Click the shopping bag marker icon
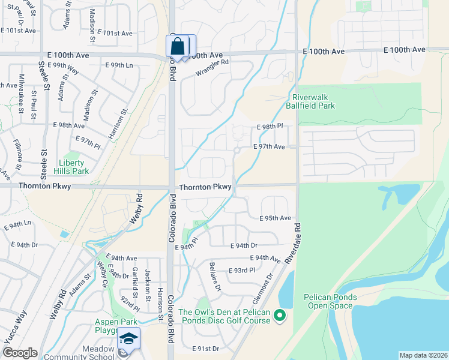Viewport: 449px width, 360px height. click(178, 46)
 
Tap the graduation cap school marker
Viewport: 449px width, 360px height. click(128, 338)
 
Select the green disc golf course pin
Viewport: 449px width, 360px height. click(279, 315)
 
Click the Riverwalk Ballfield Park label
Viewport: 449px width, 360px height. click(313, 101)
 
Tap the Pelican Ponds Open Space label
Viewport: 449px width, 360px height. click(330, 301)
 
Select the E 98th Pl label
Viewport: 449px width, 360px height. click(269, 127)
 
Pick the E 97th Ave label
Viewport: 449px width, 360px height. click(269, 146)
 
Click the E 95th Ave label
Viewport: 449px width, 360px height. click(275, 218)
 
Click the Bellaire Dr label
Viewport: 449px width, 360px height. click(214, 277)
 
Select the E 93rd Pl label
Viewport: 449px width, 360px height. click(242, 271)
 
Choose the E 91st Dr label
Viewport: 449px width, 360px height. click(206, 349)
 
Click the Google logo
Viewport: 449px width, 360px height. click(19, 353)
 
